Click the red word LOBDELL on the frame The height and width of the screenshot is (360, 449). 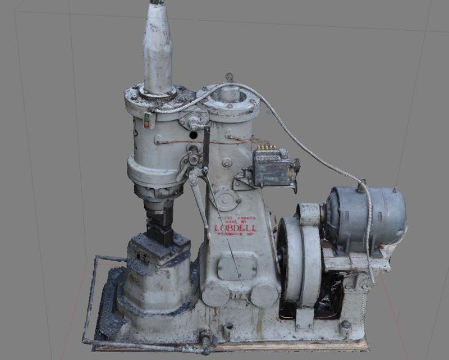click(235, 228)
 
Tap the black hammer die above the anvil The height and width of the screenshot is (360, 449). click(159, 222)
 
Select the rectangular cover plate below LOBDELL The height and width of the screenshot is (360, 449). click(237, 266)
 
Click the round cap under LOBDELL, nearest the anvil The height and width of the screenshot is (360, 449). click(215, 294)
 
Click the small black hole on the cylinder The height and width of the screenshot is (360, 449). click(193, 135)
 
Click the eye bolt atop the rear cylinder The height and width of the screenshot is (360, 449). click(229, 77)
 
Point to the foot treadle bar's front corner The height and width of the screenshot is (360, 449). click(86, 340)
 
